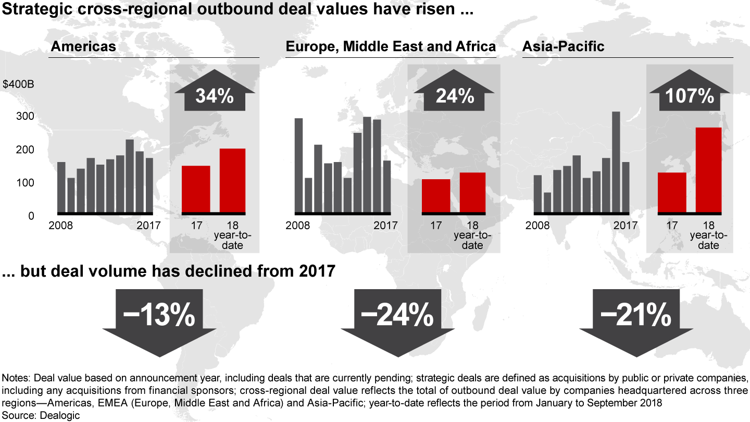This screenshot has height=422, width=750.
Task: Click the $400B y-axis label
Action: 18,84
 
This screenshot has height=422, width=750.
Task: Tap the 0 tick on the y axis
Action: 31,216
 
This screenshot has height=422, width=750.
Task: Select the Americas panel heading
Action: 83,46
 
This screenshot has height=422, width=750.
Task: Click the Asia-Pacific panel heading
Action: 563,46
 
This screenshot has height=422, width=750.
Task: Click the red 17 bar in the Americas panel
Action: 196,189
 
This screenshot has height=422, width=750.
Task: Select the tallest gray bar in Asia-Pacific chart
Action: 616,162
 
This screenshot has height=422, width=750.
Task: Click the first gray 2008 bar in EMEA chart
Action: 298,165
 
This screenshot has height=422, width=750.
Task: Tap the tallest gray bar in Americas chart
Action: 130,176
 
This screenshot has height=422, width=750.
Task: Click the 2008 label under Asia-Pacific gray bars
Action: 537,226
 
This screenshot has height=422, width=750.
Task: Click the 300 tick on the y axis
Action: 24,117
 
